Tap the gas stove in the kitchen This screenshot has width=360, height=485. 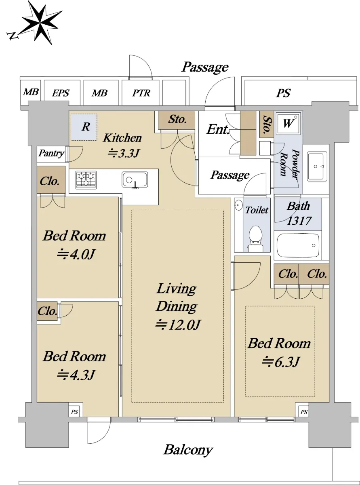[86, 179]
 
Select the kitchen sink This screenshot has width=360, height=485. [135, 180]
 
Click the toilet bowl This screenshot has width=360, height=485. [255, 238]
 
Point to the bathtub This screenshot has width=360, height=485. [298, 245]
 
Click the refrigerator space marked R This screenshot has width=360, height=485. [84, 127]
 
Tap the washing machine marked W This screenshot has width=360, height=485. [288, 123]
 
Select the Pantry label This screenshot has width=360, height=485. [51, 154]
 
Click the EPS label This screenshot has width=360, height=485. [61, 93]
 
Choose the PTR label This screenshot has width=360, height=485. [141, 93]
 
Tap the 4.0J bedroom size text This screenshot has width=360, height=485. [76, 254]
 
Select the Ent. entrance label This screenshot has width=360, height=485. [218, 129]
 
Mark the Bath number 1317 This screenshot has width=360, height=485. [299, 221]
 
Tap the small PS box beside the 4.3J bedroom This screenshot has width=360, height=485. [74, 412]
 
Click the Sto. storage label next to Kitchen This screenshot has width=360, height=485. [177, 120]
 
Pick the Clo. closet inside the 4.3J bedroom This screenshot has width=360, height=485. [47, 311]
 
